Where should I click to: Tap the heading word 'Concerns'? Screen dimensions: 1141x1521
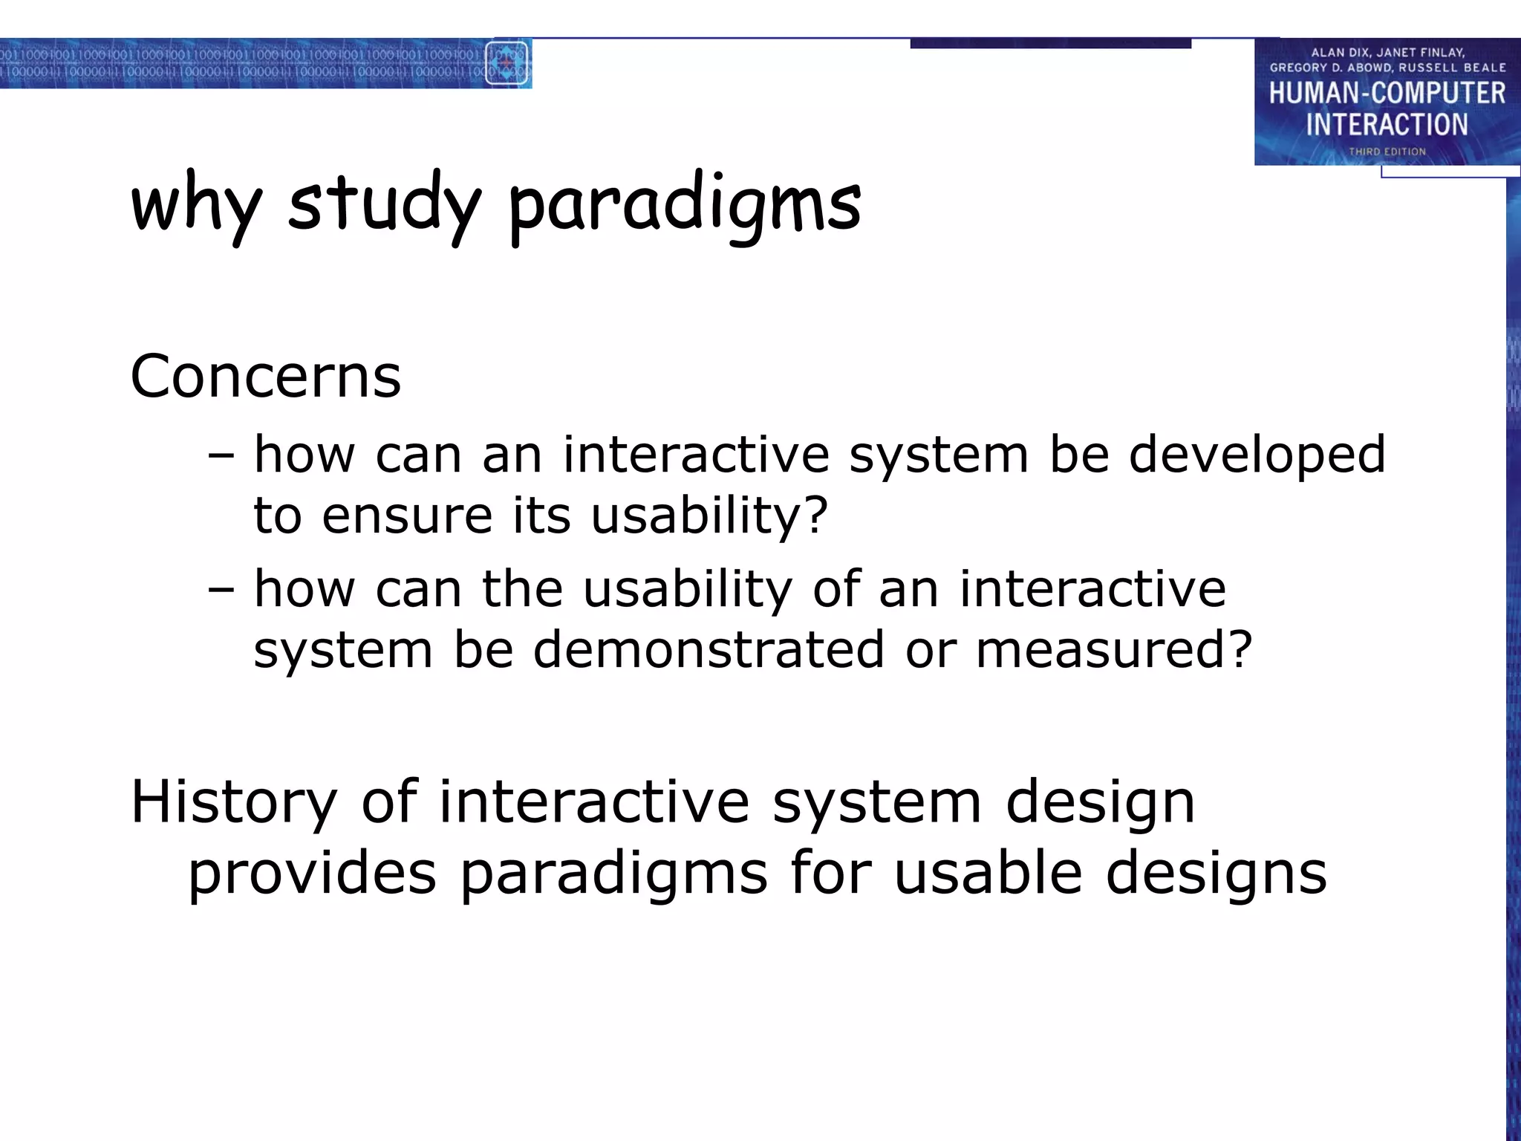pos(265,377)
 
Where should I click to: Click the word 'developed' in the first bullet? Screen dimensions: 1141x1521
pos(1257,455)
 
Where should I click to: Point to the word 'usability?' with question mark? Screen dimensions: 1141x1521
pos(709,516)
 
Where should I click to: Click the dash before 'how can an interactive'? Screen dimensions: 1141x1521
pos(221,455)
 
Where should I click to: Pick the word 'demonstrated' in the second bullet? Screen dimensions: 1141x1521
pos(709,650)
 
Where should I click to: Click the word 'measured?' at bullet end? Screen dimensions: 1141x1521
pos(1114,650)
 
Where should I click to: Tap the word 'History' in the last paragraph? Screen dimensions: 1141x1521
pos(233,803)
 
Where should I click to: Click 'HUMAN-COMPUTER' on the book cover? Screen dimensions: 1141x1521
pos(1387,94)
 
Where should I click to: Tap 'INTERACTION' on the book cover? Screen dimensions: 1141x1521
pos(1387,125)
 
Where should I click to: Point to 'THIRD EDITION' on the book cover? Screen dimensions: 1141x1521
pos(1387,152)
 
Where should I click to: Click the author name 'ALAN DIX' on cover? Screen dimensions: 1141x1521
pos(1339,53)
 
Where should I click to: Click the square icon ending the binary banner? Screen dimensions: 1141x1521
pos(507,64)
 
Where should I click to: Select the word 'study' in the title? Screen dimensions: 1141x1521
pos(384,204)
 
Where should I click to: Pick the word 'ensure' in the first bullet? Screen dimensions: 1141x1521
pos(407,516)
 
